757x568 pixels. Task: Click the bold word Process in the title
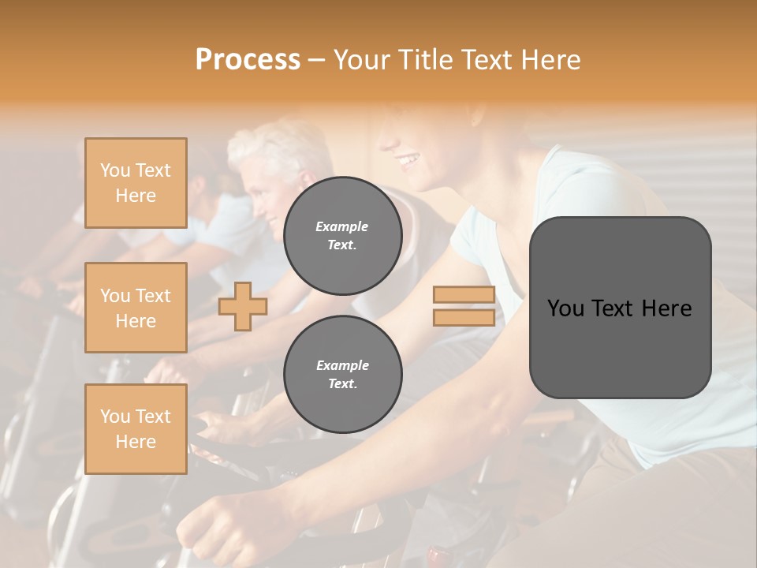pyautogui.click(x=248, y=59)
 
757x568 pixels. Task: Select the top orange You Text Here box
pyautogui.click(x=136, y=183)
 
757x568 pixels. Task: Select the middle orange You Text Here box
pyautogui.click(x=136, y=308)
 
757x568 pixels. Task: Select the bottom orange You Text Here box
pyautogui.click(x=136, y=429)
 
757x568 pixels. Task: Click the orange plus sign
pyautogui.click(x=243, y=306)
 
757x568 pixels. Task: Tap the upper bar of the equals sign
pyautogui.click(x=464, y=295)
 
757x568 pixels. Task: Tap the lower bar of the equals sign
pyautogui.click(x=464, y=317)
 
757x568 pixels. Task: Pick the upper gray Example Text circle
pyautogui.click(x=342, y=235)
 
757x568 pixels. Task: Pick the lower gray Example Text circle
pyautogui.click(x=342, y=374)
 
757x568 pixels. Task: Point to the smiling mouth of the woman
pyautogui.click(x=408, y=161)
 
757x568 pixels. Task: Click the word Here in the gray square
pyautogui.click(x=667, y=308)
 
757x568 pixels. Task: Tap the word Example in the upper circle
pyautogui.click(x=342, y=226)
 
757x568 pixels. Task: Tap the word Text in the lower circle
pyautogui.click(x=342, y=383)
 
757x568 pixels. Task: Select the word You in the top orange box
pyautogui.click(x=115, y=170)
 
